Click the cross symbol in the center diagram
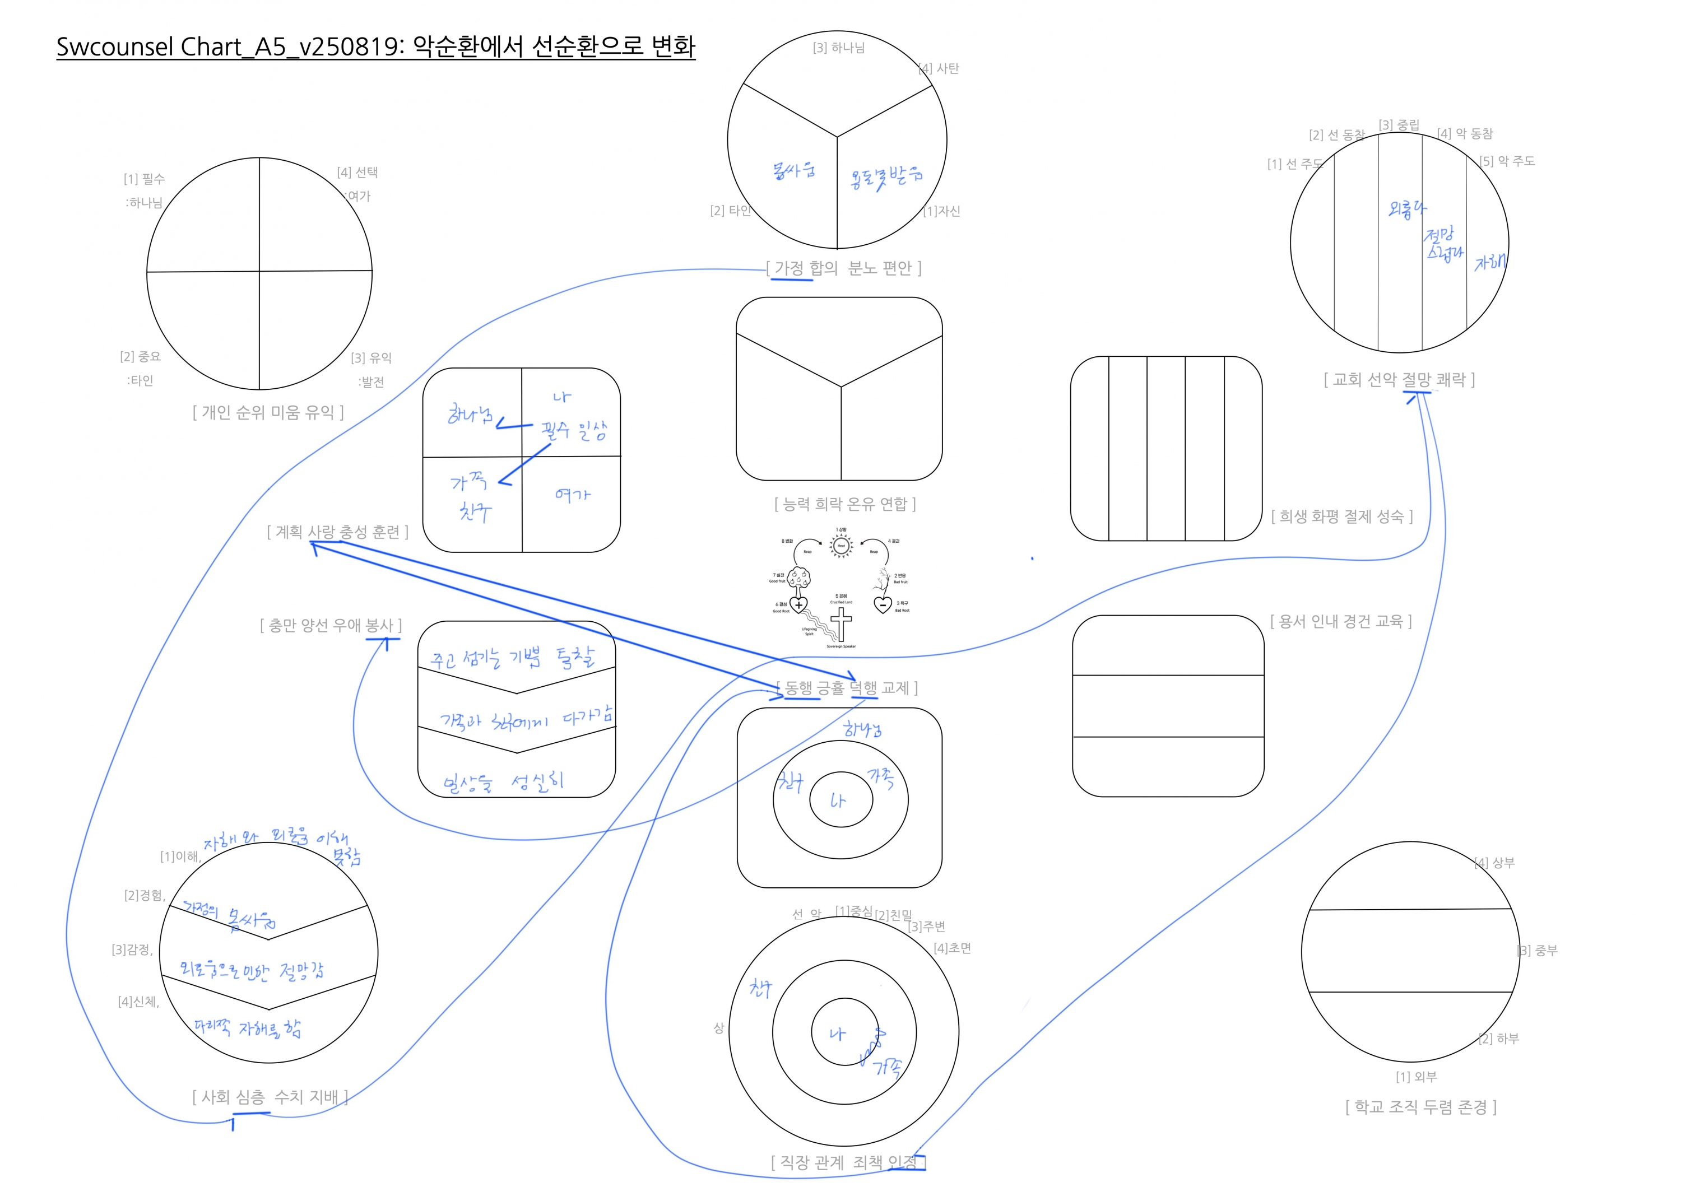click(841, 624)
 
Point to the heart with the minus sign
click(883, 605)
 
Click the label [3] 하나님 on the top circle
click(838, 48)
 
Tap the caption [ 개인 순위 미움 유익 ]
click(268, 413)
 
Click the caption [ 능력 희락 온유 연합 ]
click(845, 504)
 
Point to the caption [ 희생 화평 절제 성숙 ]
click(1341, 516)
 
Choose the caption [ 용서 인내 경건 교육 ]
click(1340, 622)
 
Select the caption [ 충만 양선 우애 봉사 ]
click(331, 626)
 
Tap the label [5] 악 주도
click(1507, 161)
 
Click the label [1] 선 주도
click(1294, 165)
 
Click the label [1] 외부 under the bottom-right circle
click(1416, 1077)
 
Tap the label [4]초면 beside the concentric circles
click(952, 948)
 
